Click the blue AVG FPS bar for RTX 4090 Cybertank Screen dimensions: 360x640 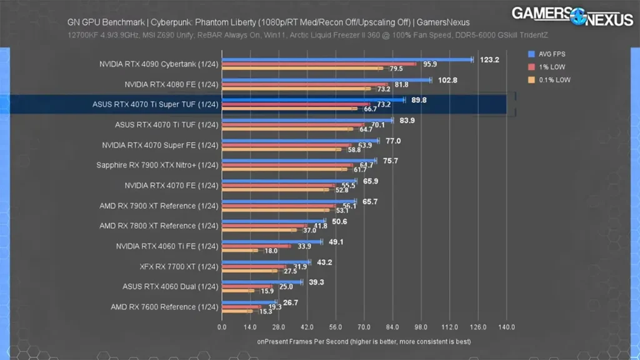pos(347,60)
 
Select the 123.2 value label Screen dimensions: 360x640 pos(489,60)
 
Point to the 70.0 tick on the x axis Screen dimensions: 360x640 pos(364,327)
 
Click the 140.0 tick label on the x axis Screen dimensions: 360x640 pos(506,327)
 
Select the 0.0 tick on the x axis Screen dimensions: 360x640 pos(222,327)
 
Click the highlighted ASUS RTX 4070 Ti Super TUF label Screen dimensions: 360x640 pos(155,104)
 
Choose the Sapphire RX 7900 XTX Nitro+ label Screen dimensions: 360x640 pos(157,165)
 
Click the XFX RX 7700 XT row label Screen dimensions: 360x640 pos(179,267)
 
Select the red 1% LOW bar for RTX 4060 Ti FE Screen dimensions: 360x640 pos(256,246)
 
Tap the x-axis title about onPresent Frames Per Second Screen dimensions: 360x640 pos(363,341)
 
